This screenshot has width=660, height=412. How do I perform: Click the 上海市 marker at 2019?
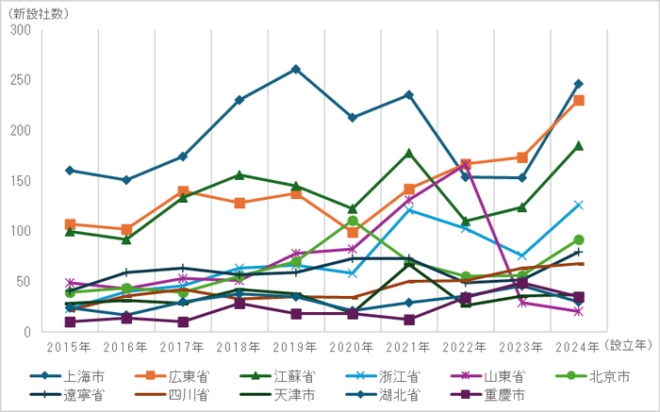click(295, 69)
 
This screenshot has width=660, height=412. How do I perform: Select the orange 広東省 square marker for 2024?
click(578, 100)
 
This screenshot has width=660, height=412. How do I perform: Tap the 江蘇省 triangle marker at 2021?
click(408, 153)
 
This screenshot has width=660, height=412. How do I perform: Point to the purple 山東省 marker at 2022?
click(465, 166)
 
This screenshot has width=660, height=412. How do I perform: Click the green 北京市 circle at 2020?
click(352, 221)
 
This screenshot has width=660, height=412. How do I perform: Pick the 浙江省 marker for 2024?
click(578, 205)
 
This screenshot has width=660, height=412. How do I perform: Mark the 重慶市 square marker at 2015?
click(70, 321)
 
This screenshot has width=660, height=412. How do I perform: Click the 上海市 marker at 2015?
click(70, 171)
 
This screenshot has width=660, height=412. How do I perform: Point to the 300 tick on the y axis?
click(20, 30)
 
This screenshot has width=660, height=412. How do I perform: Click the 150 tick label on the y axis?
click(20, 181)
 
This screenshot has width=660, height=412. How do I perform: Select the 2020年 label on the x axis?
click(352, 346)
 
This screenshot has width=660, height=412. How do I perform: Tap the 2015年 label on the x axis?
click(70, 346)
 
